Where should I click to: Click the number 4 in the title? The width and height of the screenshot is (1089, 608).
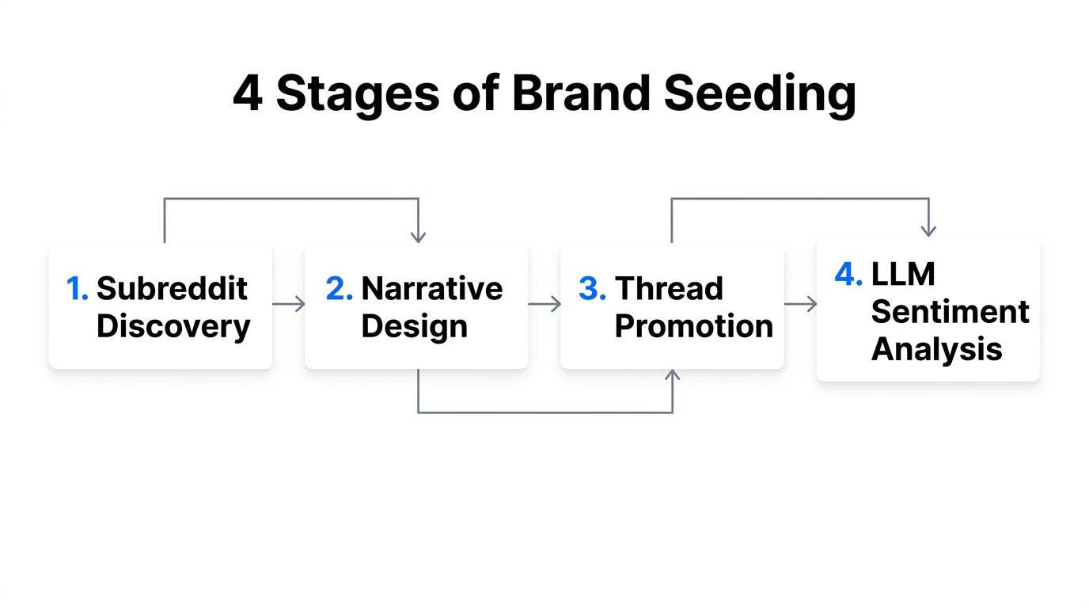tap(248, 93)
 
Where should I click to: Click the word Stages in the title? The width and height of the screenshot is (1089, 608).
tap(358, 93)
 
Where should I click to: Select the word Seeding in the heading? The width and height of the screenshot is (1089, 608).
tap(761, 93)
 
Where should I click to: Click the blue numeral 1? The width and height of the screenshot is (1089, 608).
tap(77, 289)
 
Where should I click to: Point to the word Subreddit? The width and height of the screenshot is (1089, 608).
tap(172, 289)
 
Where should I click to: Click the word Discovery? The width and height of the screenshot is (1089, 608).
tap(173, 326)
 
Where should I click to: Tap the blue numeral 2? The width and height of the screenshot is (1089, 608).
tap(339, 289)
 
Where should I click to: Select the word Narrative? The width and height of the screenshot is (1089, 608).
tap(432, 289)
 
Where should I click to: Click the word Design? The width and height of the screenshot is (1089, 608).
tap(414, 326)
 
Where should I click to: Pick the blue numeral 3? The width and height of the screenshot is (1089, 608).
tap(592, 289)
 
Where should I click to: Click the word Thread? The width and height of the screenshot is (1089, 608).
tap(669, 289)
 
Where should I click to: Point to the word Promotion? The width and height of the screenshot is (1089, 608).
tap(693, 326)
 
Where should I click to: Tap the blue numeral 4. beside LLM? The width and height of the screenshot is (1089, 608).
tap(848, 275)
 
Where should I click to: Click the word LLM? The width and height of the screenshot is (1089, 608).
tap(903, 275)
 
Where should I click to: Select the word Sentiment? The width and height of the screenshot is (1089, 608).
tap(950, 312)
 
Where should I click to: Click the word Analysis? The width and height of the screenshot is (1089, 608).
tap(936, 349)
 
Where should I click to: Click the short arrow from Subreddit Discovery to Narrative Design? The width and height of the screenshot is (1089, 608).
tap(289, 304)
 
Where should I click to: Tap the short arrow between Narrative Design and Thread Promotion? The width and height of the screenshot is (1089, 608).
tap(544, 304)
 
